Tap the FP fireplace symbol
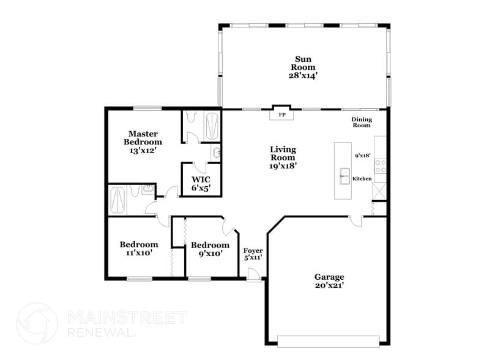[282, 114]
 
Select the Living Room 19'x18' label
[283, 157]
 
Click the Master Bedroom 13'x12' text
[143, 142]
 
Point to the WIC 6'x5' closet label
[201, 184]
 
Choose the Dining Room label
[361, 122]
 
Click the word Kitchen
[362, 179]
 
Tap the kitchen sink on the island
[344, 178]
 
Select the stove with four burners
[381, 165]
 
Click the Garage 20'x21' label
[329, 281]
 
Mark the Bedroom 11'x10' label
[139, 248]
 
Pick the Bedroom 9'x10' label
[210, 249]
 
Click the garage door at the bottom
[331, 341]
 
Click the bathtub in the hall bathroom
[117, 200]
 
